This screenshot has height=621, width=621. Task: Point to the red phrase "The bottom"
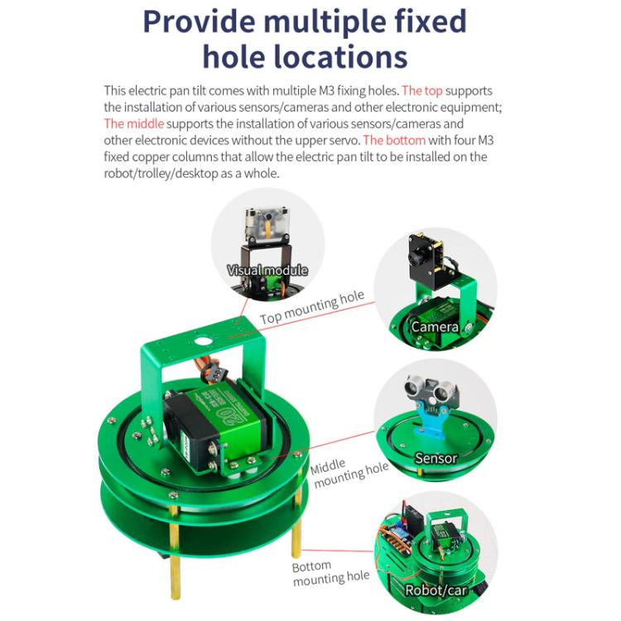coord(394,140)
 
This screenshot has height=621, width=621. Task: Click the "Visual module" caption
coord(267,270)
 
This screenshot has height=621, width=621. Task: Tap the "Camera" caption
coord(436,327)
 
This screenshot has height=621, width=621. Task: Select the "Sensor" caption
coord(436,458)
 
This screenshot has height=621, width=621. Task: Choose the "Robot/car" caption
coord(436,590)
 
